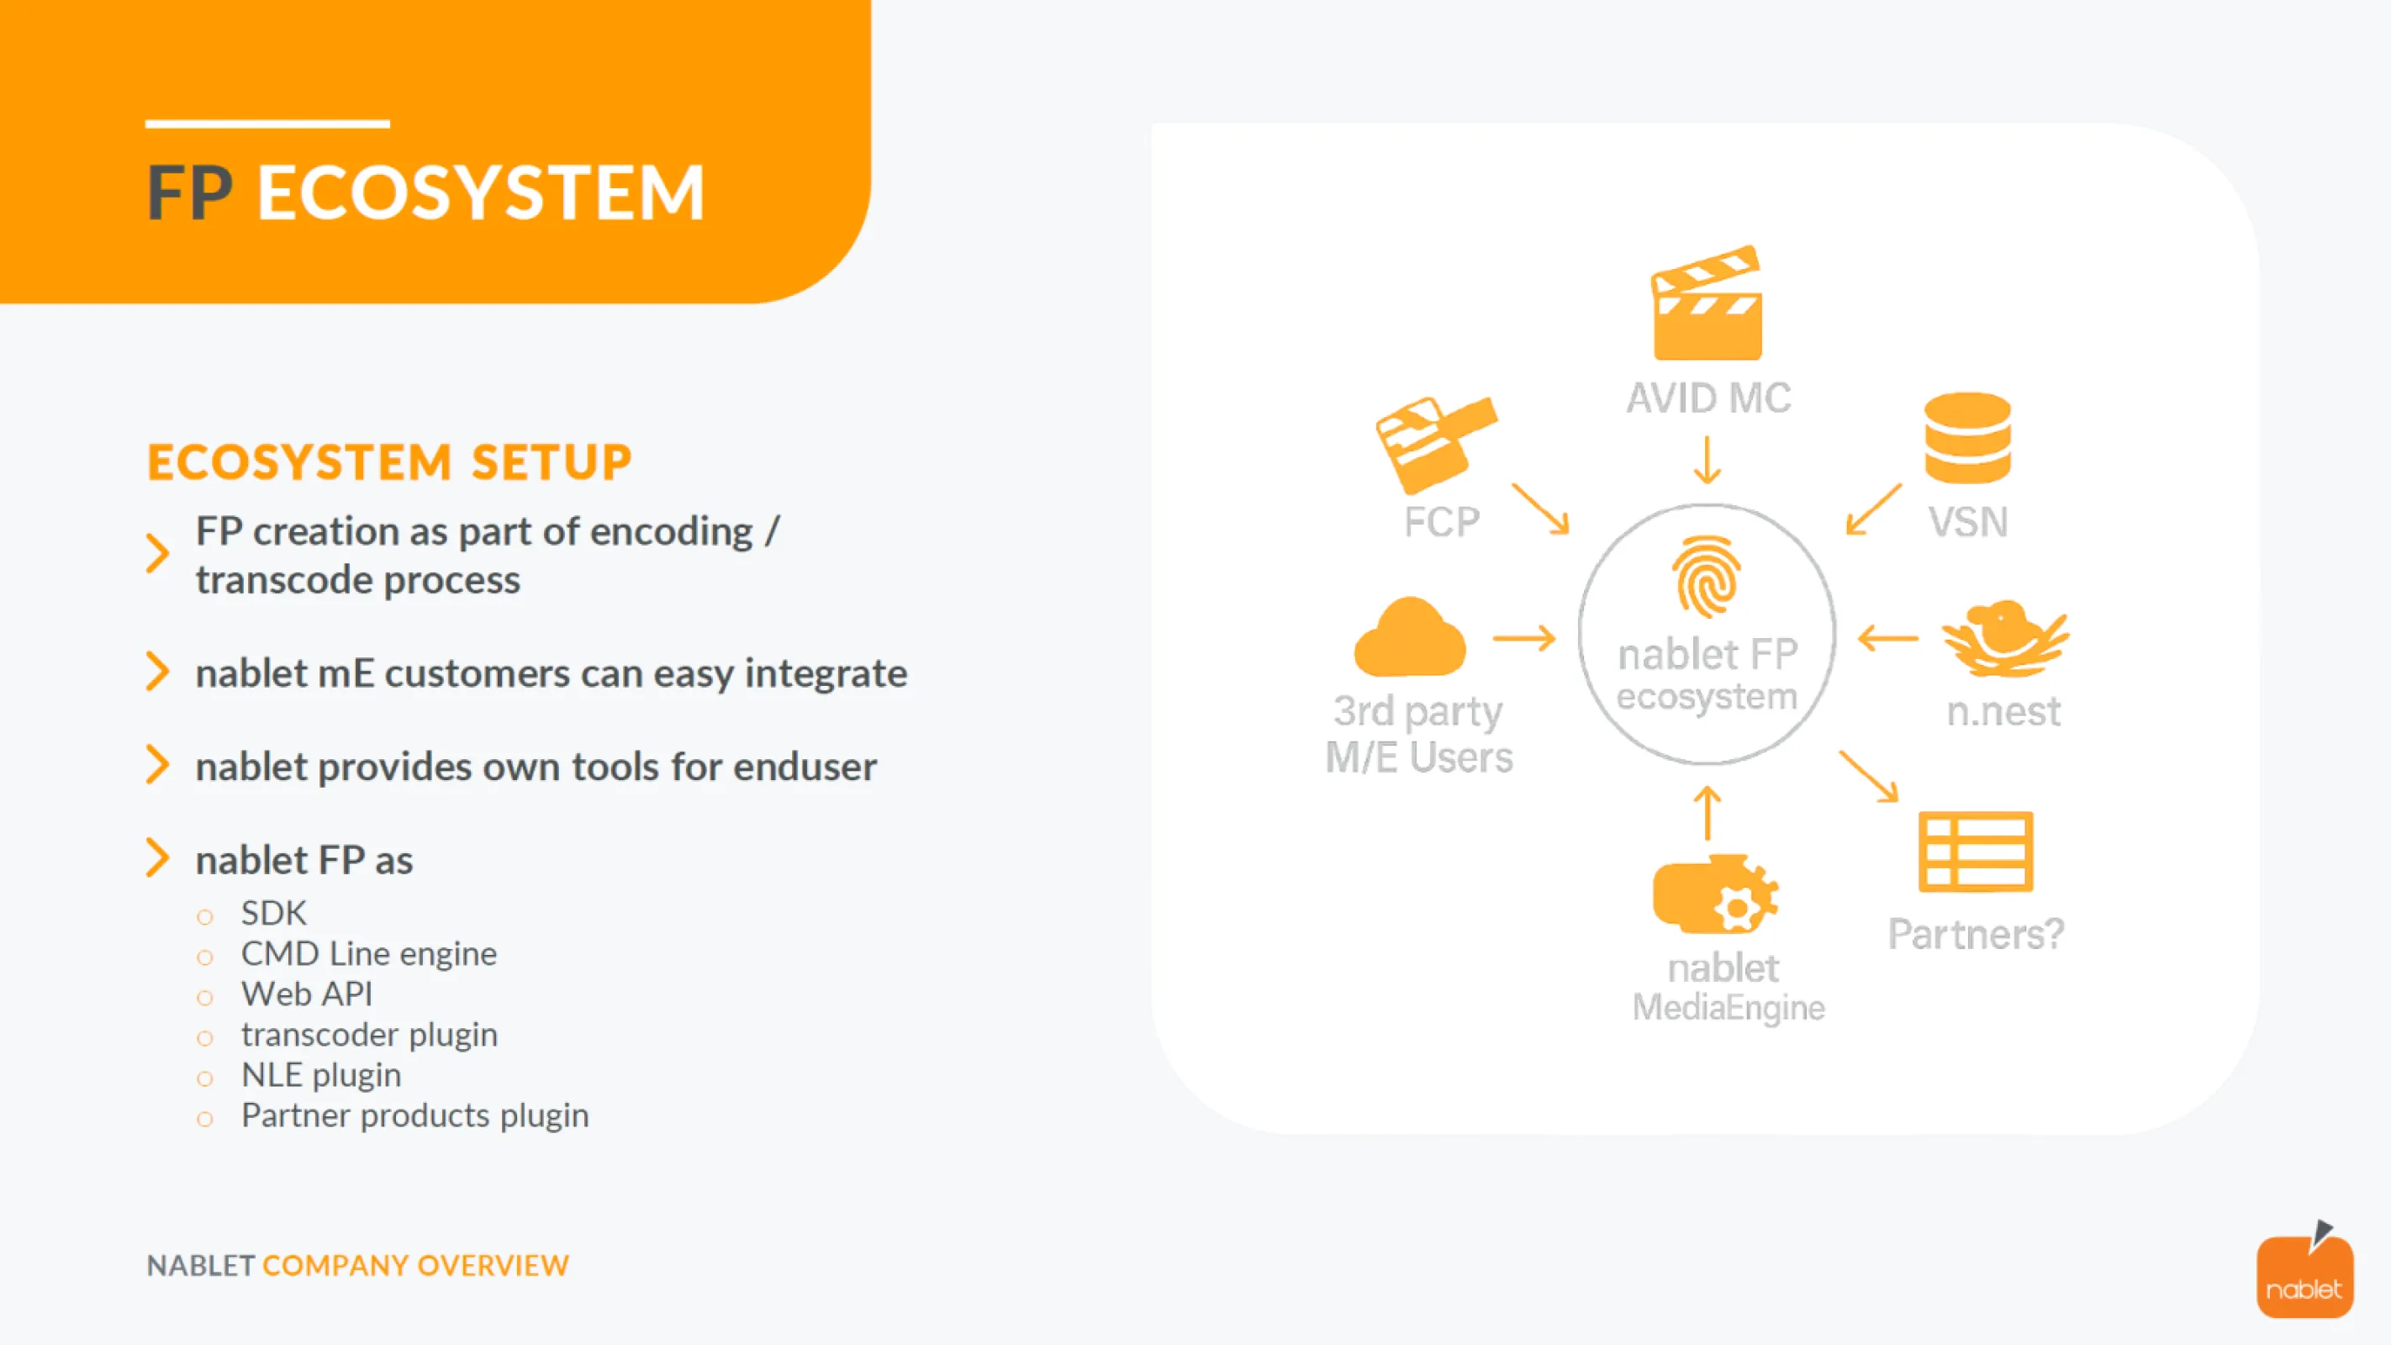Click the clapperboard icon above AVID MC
point(1706,304)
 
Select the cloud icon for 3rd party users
point(1409,639)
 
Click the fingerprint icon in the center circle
point(1706,578)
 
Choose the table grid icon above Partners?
point(1975,852)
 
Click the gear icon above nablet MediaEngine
point(1715,896)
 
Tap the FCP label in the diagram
point(1440,523)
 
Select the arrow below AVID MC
point(1706,461)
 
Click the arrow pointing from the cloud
point(1523,639)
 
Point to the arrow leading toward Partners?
point(1867,776)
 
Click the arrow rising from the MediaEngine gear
point(1706,813)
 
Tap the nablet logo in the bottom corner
point(2304,1274)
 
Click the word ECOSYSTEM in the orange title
point(480,193)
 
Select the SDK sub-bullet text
point(274,914)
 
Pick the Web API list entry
point(306,994)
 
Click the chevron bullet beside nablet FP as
point(158,857)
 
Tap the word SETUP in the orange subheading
point(552,462)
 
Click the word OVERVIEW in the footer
point(493,1265)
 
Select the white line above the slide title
point(267,124)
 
